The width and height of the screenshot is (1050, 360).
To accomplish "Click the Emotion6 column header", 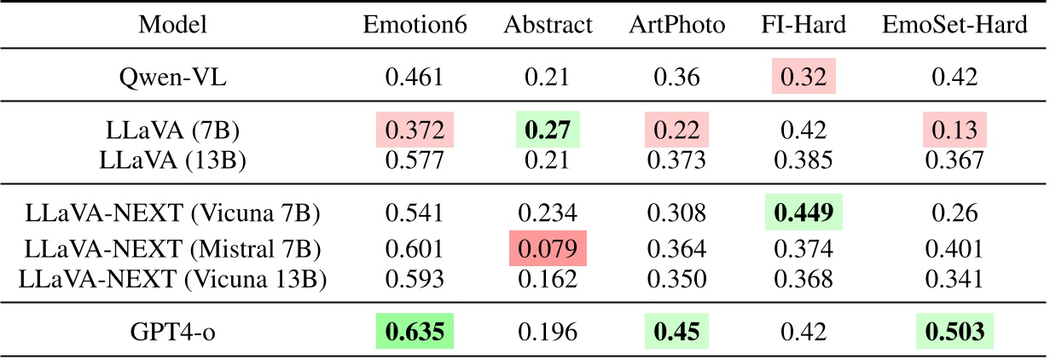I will click(415, 26).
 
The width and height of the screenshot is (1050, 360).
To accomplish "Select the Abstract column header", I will click(548, 26).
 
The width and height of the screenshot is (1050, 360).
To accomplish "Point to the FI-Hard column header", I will click(803, 26).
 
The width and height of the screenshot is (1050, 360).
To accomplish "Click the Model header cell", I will click(173, 26).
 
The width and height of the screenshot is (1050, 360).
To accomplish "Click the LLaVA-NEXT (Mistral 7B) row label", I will click(173, 248).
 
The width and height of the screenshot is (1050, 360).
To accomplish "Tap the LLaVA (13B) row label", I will click(173, 159).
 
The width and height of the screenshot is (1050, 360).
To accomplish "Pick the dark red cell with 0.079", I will click(547, 248).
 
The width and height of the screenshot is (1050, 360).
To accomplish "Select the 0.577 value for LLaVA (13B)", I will click(415, 159).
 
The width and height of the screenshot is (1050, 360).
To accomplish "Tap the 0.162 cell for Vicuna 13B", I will click(547, 277).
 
